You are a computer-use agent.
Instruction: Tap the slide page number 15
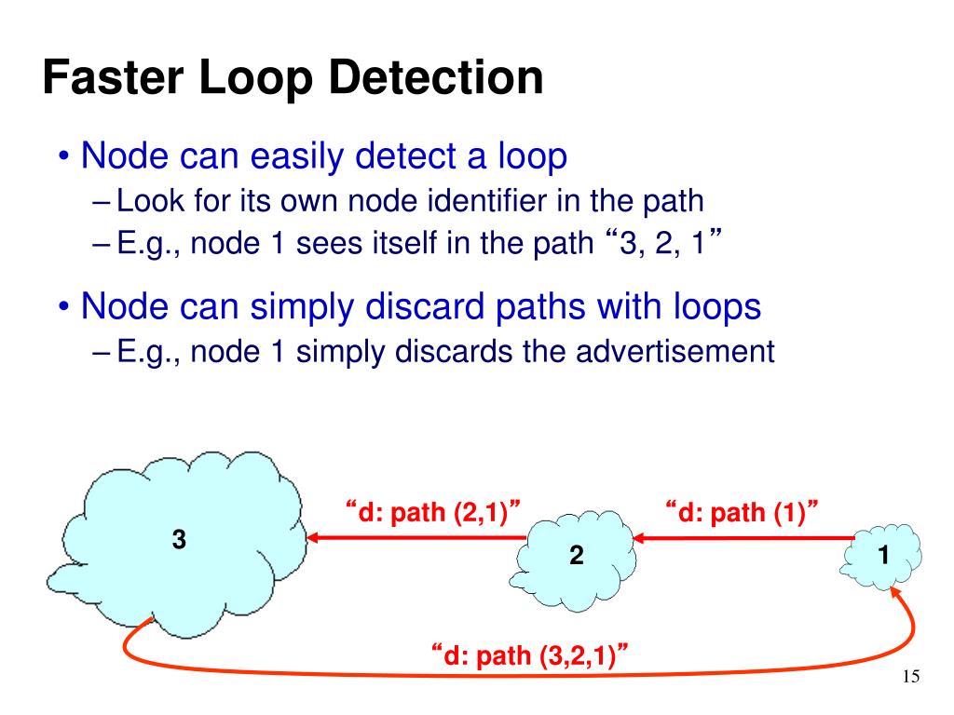(911, 677)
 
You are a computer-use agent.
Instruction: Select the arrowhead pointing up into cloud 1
(896, 593)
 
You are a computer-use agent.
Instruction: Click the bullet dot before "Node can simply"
(64, 306)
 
